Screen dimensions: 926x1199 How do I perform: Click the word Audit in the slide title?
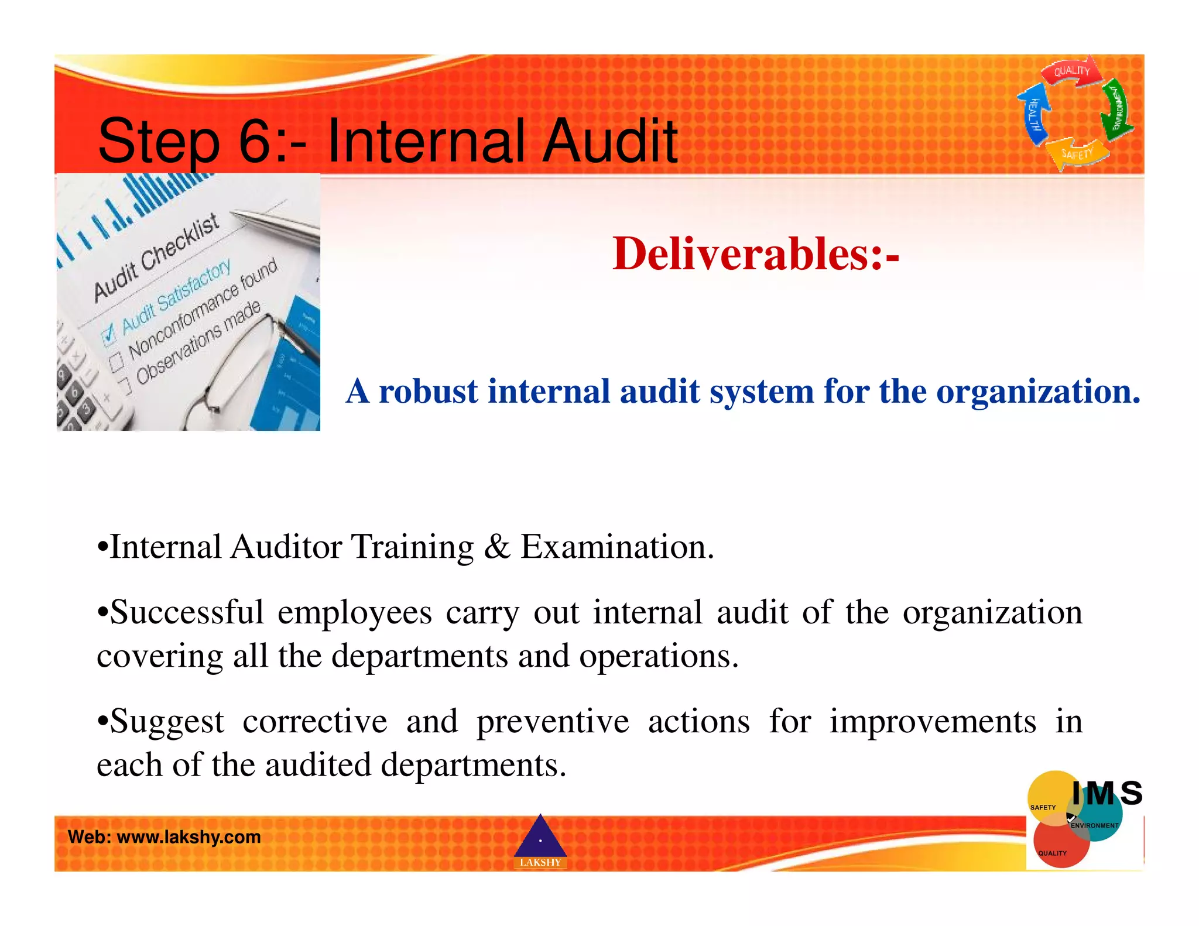[611, 141]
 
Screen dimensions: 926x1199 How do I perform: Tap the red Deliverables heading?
[755, 254]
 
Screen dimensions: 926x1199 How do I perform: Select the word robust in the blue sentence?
[428, 391]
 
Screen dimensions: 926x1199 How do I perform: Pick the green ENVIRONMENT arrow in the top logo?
[1116, 108]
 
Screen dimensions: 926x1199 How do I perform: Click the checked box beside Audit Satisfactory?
[109, 336]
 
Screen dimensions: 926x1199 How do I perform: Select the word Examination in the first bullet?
[617, 547]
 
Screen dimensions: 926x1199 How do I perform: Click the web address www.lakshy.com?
[189, 837]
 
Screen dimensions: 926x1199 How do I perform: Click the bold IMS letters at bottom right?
[1106, 794]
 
